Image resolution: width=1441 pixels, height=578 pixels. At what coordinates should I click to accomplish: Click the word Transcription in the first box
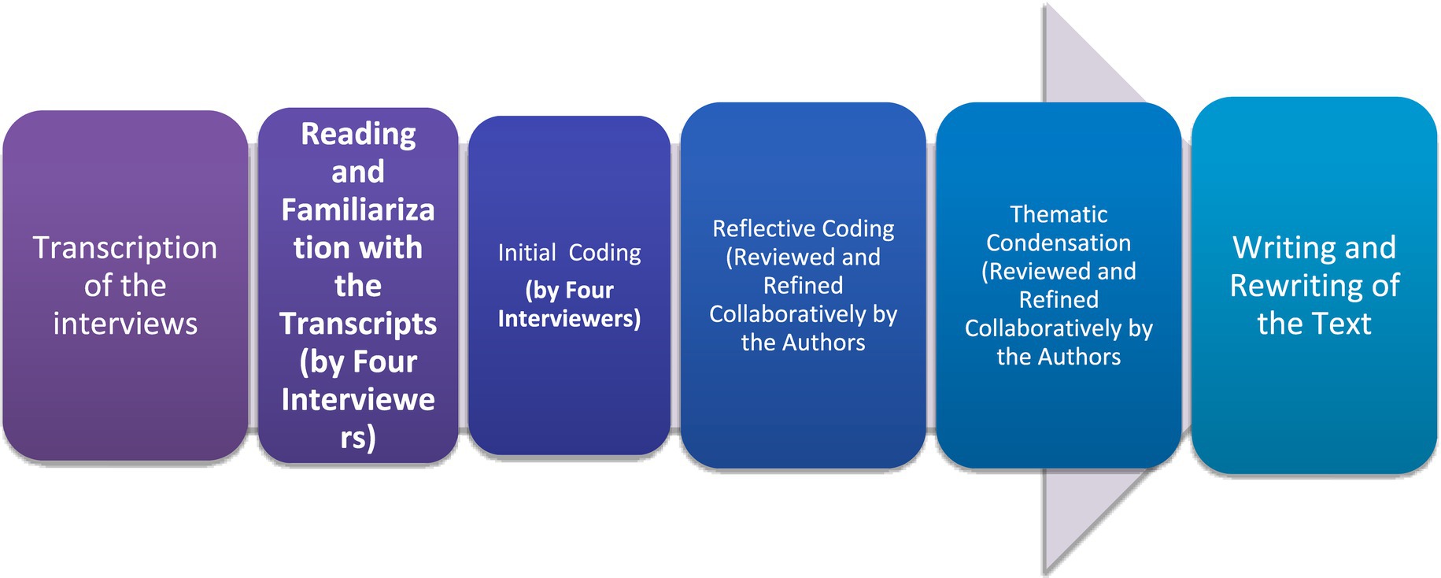click(124, 248)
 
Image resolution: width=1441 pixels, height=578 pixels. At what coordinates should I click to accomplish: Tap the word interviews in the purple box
click(125, 324)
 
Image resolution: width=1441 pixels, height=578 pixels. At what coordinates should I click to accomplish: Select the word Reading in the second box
click(358, 134)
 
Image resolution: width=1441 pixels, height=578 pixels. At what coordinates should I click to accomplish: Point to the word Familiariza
click(358, 210)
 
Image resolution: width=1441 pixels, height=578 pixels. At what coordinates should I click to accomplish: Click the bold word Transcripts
click(358, 324)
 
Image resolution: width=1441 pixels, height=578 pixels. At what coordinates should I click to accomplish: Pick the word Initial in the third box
click(527, 253)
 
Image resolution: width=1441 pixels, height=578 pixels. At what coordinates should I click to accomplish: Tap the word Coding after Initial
click(604, 253)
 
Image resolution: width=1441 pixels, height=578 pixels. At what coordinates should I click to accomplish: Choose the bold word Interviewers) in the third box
click(569, 318)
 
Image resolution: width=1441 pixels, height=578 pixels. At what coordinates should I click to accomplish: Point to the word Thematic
click(1059, 214)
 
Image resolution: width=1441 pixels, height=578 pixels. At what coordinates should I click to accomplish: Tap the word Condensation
click(1059, 243)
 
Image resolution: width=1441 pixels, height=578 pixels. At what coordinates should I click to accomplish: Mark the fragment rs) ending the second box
click(358, 437)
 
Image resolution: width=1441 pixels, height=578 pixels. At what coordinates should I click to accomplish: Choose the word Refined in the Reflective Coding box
click(803, 285)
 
